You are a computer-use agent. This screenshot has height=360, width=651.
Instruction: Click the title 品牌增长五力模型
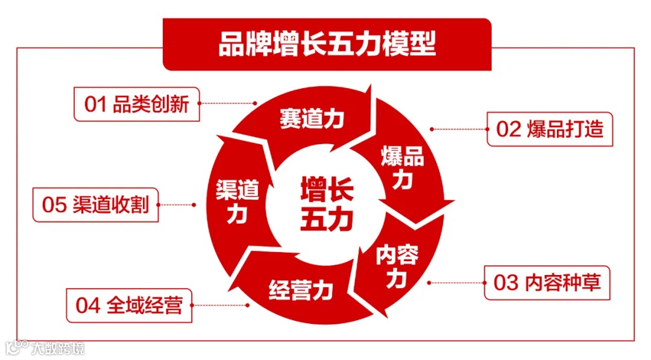click(327, 45)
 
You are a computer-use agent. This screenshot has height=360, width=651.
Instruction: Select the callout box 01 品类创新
click(137, 104)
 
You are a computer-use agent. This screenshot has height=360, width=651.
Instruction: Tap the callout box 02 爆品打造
click(549, 129)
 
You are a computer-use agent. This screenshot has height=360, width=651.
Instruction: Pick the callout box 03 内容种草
click(547, 283)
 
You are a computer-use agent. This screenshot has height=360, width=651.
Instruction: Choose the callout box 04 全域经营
click(129, 305)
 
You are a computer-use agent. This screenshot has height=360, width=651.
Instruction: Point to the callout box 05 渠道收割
click(95, 205)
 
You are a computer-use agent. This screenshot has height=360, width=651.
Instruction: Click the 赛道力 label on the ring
click(312, 119)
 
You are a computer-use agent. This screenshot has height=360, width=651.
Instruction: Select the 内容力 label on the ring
click(397, 265)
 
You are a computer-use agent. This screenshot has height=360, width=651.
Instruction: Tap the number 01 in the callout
click(95, 105)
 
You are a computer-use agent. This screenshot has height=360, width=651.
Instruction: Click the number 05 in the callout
click(54, 205)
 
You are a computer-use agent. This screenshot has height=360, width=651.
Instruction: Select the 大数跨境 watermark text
click(58, 348)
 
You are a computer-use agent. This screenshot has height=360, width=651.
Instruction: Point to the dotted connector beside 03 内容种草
click(456, 282)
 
